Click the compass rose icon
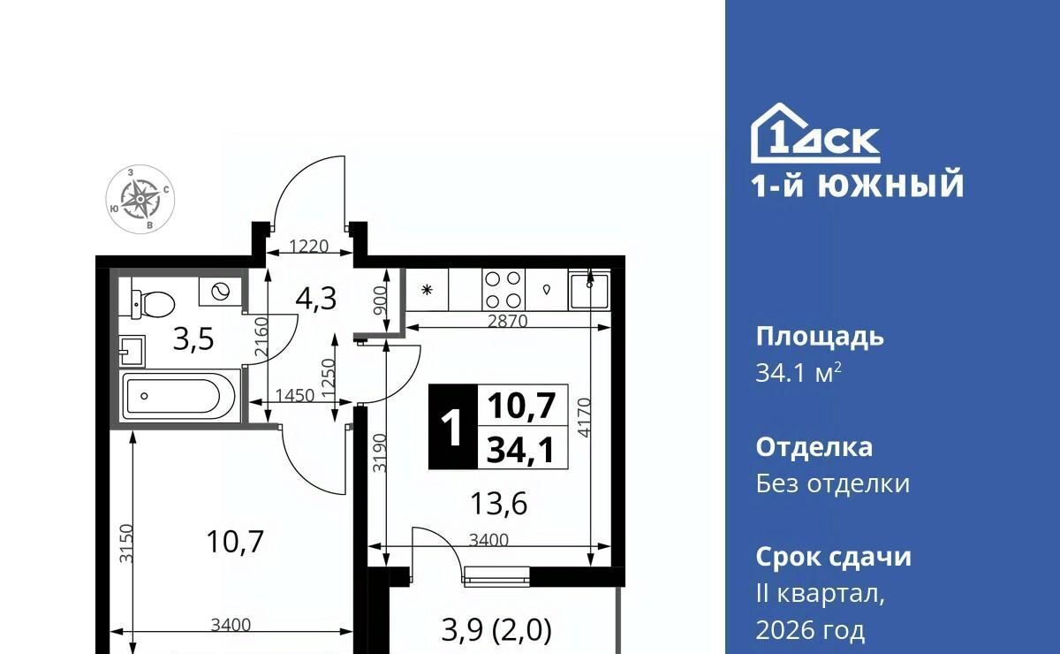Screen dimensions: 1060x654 point(140,199)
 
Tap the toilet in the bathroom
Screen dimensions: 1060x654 point(152,303)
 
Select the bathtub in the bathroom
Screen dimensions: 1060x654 point(178,397)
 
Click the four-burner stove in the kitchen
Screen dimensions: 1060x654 point(503,289)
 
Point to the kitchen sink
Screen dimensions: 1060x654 point(589,289)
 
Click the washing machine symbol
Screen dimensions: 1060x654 point(220,292)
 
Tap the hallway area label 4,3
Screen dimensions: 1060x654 point(316,300)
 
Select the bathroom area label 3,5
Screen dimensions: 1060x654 point(193,339)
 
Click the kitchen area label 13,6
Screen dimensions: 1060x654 point(499,504)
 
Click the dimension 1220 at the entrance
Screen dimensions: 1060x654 point(308,247)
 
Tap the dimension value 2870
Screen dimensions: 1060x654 point(507,322)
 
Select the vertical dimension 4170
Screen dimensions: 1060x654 point(585,418)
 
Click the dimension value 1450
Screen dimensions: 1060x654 point(295,395)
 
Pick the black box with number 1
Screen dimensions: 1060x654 point(453,427)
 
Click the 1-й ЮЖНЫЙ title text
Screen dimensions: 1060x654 point(858,185)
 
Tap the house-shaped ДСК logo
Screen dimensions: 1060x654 point(815,133)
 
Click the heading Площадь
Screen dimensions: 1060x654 point(820,338)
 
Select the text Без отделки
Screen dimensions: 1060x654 point(832,484)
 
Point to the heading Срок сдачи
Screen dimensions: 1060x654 point(833,557)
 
